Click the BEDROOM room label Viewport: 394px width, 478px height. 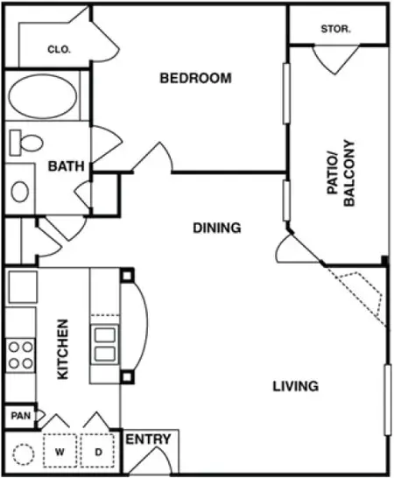click(195, 78)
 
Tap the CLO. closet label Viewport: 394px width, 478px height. click(59, 50)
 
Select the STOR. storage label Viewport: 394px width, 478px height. click(335, 29)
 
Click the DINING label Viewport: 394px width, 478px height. click(216, 228)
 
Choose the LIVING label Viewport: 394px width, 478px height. click(294, 385)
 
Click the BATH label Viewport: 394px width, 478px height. click(65, 166)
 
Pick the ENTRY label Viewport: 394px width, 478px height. click(149, 439)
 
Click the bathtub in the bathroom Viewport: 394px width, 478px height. click(41, 97)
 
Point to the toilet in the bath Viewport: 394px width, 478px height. click(28, 141)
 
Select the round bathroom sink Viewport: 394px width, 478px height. click(20, 192)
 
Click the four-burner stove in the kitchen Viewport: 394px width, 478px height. click(20, 354)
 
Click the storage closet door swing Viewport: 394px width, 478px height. click(335, 60)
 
